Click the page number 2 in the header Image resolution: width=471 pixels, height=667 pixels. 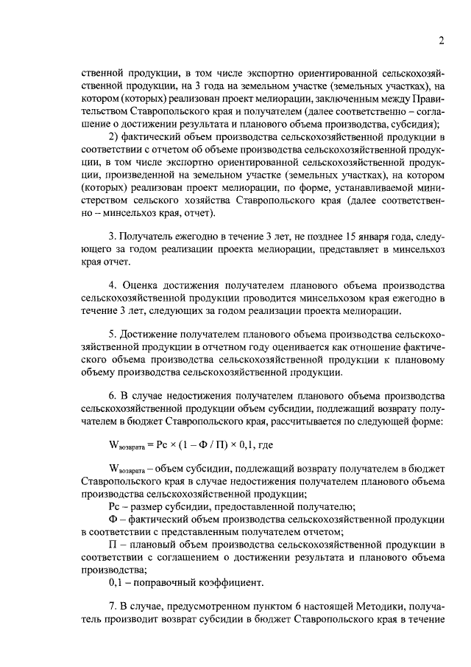click(x=439, y=41)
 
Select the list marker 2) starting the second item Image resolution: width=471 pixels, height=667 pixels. click(x=114, y=137)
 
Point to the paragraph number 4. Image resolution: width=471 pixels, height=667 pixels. click(x=112, y=285)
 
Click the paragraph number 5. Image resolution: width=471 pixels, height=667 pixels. click(x=112, y=335)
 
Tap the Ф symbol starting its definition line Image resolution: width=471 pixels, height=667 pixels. click(x=113, y=519)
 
